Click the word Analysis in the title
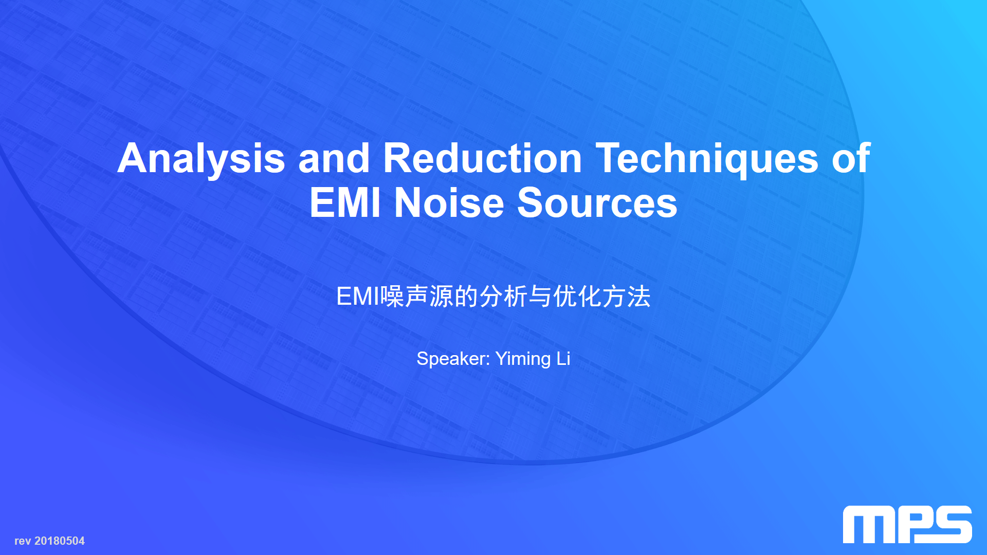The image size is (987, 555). coord(201,159)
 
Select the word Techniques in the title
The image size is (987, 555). coord(707,159)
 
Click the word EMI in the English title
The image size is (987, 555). coord(345,202)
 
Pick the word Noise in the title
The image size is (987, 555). coord(449,202)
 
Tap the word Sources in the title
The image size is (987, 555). coord(597,202)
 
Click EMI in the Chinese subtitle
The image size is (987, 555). coord(358,297)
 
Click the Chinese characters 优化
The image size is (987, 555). coord(577,297)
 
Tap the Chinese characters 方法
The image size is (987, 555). coord(626,297)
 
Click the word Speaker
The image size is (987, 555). coord(453,359)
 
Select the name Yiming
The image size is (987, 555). coord(523,359)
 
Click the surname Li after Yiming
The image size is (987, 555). coord(563,358)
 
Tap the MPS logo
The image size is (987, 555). coord(907,524)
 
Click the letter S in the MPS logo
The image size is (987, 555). coord(951,524)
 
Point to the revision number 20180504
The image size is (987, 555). coord(60,541)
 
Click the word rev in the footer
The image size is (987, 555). coord(23,542)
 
